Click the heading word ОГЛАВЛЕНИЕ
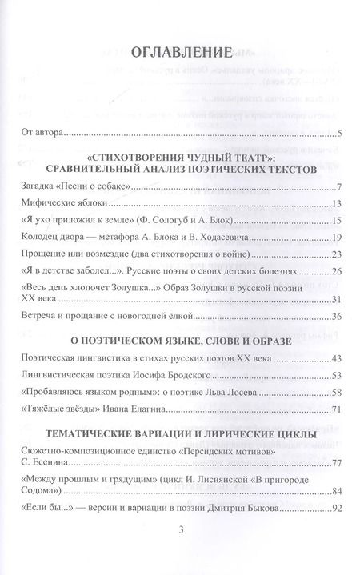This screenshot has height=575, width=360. click(180, 54)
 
